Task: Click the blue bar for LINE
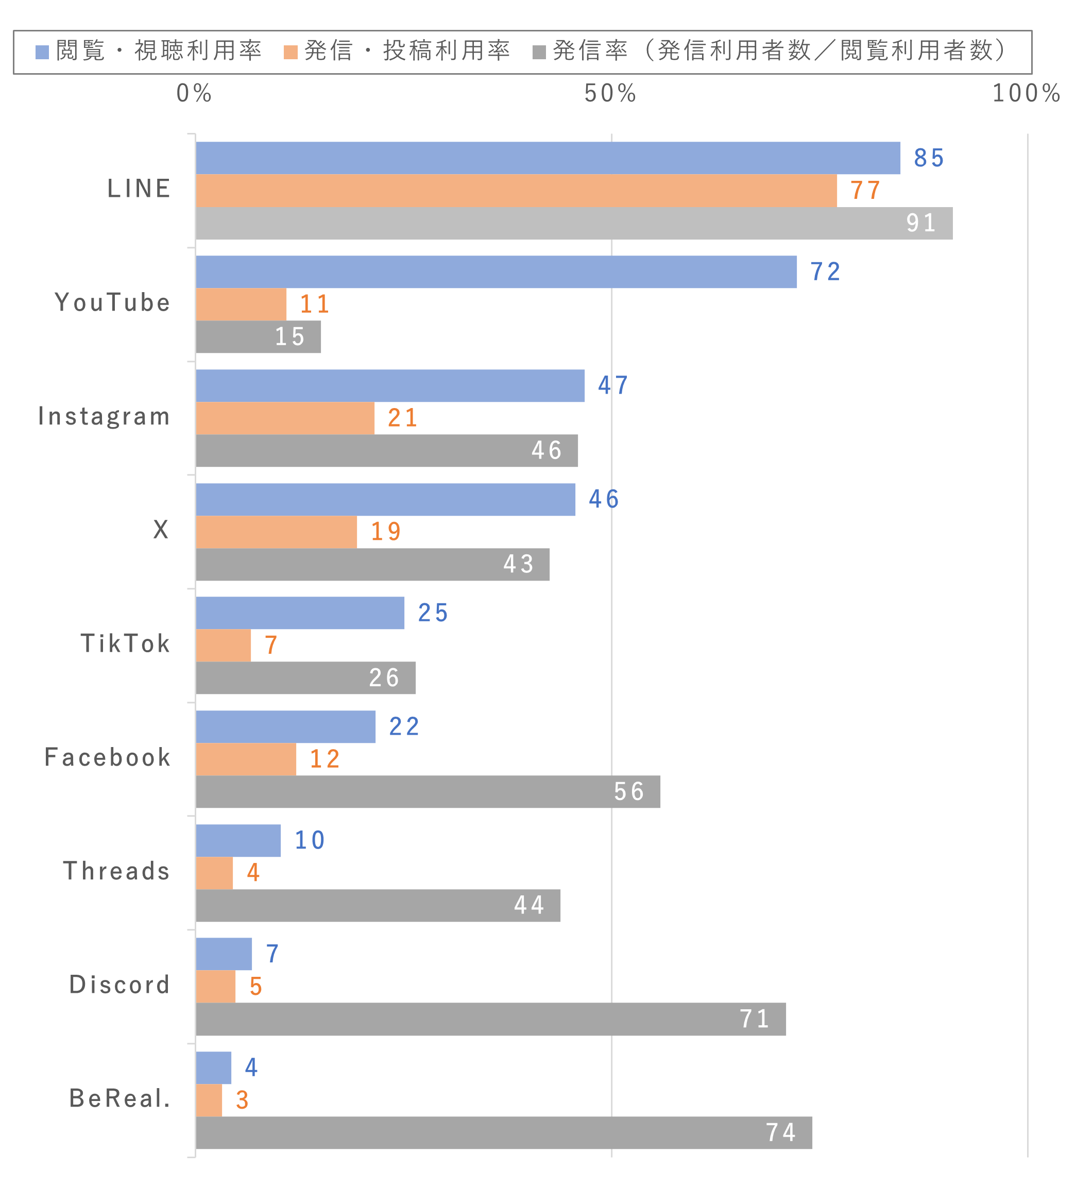(x=547, y=158)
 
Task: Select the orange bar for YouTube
(x=241, y=304)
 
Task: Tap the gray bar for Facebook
(x=428, y=791)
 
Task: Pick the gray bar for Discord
(x=491, y=1019)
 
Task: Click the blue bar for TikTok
(x=300, y=613)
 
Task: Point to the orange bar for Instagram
(x=285, y=418)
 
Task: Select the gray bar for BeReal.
(x=504, y=1132)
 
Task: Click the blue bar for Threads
(x=238, y=840)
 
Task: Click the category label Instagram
(x=104, y=416)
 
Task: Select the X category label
(x=161, y=530)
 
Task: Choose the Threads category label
(x=116, y=871)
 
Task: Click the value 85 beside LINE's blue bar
(x=928, y=158)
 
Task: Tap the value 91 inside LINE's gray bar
(x=920, y=223)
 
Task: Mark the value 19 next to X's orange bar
(x=385, y=532)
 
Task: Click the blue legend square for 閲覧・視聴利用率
(x=42, y=53)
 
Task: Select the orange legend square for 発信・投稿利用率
(x=291, y=53)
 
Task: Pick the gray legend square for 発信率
(x=539, y=53)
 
